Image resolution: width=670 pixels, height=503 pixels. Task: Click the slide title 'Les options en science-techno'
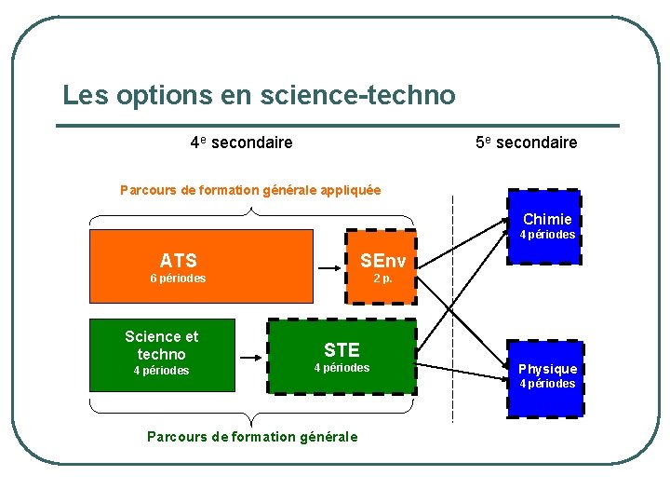[259, 95]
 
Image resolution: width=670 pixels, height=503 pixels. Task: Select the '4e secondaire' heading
[241, 143]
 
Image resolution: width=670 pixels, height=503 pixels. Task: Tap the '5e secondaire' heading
[526, 143]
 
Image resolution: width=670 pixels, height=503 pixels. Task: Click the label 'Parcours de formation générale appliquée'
[250, 190]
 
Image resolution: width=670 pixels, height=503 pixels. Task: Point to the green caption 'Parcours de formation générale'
[252, 437]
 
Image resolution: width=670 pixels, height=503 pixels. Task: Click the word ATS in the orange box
[178, 261]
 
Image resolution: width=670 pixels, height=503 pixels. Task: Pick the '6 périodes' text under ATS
[178, 279]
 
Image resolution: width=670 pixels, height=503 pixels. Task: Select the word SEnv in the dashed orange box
[382, 260]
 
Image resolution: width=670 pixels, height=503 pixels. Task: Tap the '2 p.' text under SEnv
[382, 278]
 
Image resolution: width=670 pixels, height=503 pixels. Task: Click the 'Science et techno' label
[161, 346]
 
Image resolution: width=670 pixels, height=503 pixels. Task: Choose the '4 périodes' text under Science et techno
[161, 371]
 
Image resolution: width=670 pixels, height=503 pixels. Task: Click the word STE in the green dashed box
[342, 350]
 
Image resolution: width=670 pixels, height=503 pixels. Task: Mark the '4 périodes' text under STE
[342, 368]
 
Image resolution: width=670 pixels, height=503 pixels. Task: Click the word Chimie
[547, 220]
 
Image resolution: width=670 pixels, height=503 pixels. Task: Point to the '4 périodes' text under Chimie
[547, 235]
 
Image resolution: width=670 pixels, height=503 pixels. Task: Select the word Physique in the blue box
[547, 369]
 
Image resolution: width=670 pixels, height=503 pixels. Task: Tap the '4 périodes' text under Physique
[547, 384]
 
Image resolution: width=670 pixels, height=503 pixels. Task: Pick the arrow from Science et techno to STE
[248, 357]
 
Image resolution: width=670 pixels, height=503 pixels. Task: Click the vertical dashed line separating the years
[452, 307]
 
